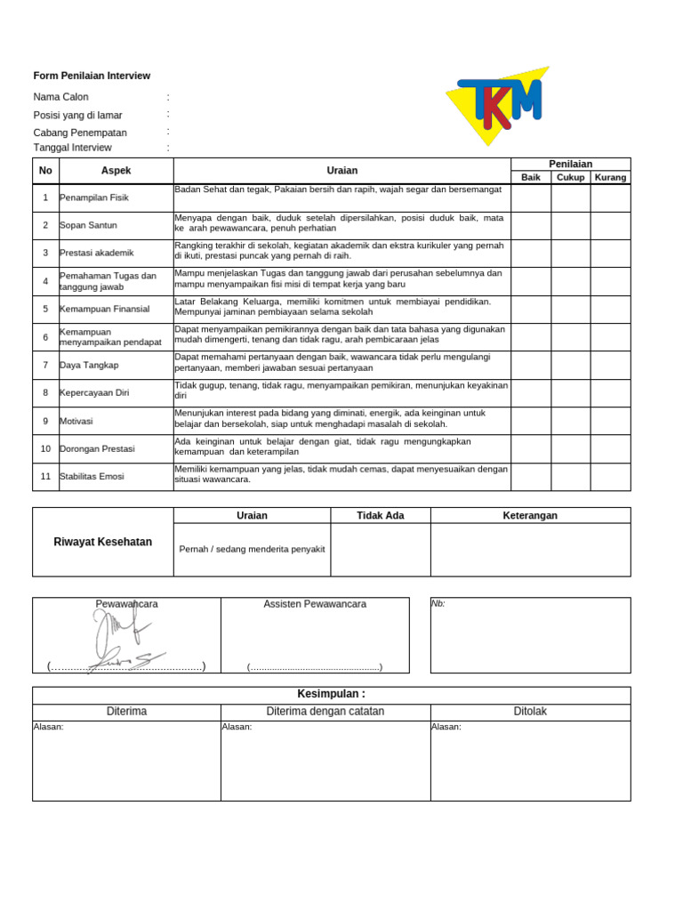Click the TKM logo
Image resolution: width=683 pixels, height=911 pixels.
(x=499, y=108)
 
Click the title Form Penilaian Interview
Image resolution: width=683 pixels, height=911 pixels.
(x=92, y=76)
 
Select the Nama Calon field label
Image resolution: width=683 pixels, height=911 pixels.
(x=60, y=97)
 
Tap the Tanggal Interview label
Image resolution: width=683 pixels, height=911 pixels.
(x=72, y=148)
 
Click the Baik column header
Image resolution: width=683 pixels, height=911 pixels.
(x=531, y=177)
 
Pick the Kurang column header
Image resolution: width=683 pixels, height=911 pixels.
(x=610, y=177)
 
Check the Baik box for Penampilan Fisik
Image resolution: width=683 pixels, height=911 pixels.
(x=531, y=198)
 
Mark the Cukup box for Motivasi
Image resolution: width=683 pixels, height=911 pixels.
(x=570, y=421)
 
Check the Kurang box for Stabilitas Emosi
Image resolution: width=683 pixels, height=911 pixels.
(x=610, y=476)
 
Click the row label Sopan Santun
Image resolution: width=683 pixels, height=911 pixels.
(x=88, y=225)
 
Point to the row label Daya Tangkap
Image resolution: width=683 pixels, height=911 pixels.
(x=89, y=365)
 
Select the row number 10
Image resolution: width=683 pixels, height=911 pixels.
(x=45, y=448)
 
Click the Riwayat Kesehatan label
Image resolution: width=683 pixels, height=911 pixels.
(x=102, y=542)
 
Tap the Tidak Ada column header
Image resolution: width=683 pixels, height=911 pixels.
(x=380, y=515)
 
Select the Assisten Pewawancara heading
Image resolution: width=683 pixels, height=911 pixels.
(x=315, y=604)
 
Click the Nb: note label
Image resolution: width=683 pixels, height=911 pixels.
(x=438, y=603)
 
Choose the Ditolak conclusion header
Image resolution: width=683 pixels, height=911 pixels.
(x=530, y=712)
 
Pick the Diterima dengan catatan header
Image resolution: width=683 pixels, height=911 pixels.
(x=325, y=712)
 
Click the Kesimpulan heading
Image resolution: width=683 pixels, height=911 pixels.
(x=331, y=694)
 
